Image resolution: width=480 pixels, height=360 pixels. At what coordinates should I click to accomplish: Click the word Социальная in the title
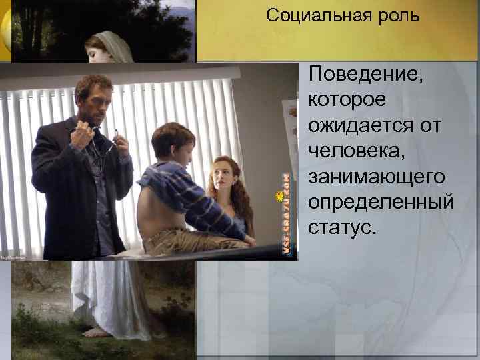pyautogui.click(x=309, y=15)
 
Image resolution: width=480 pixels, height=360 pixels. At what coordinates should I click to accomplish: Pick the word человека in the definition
pyautogui.click(x=351, y=150)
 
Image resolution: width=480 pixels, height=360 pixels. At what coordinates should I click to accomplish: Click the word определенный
pyautogui.click(x=381, y=202)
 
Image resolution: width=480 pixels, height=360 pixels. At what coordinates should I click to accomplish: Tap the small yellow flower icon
pyautogui.click(x=280, y=196)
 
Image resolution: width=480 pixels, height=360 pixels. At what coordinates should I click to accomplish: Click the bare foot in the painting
pyautogui.click(x=97, y=331)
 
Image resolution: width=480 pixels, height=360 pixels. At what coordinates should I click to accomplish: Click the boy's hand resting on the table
pyautogui.click(x=249, y=239)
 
